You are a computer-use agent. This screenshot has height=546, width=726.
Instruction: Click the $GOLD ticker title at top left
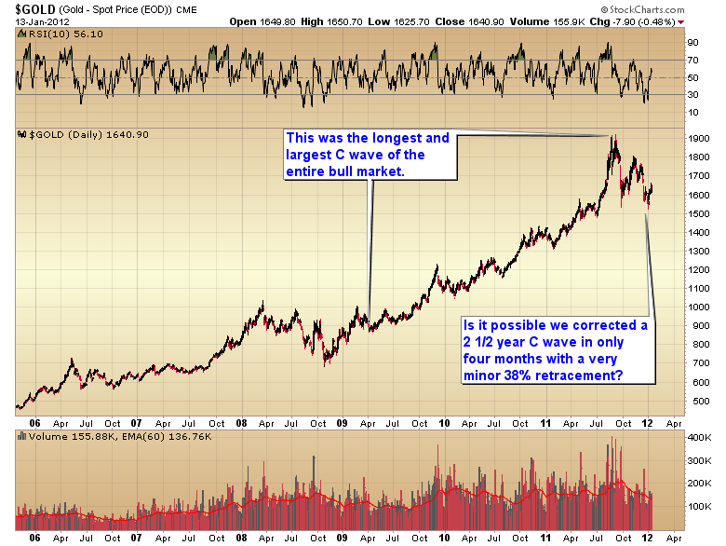tap(33, 8)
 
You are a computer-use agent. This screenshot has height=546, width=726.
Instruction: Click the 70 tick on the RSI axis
tap(692, 60)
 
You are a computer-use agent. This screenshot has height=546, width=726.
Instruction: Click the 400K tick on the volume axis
tap(697, 437)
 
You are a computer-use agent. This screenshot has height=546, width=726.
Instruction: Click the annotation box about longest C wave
tap(368, 153)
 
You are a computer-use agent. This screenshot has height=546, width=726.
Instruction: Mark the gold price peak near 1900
tap(613, 138)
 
